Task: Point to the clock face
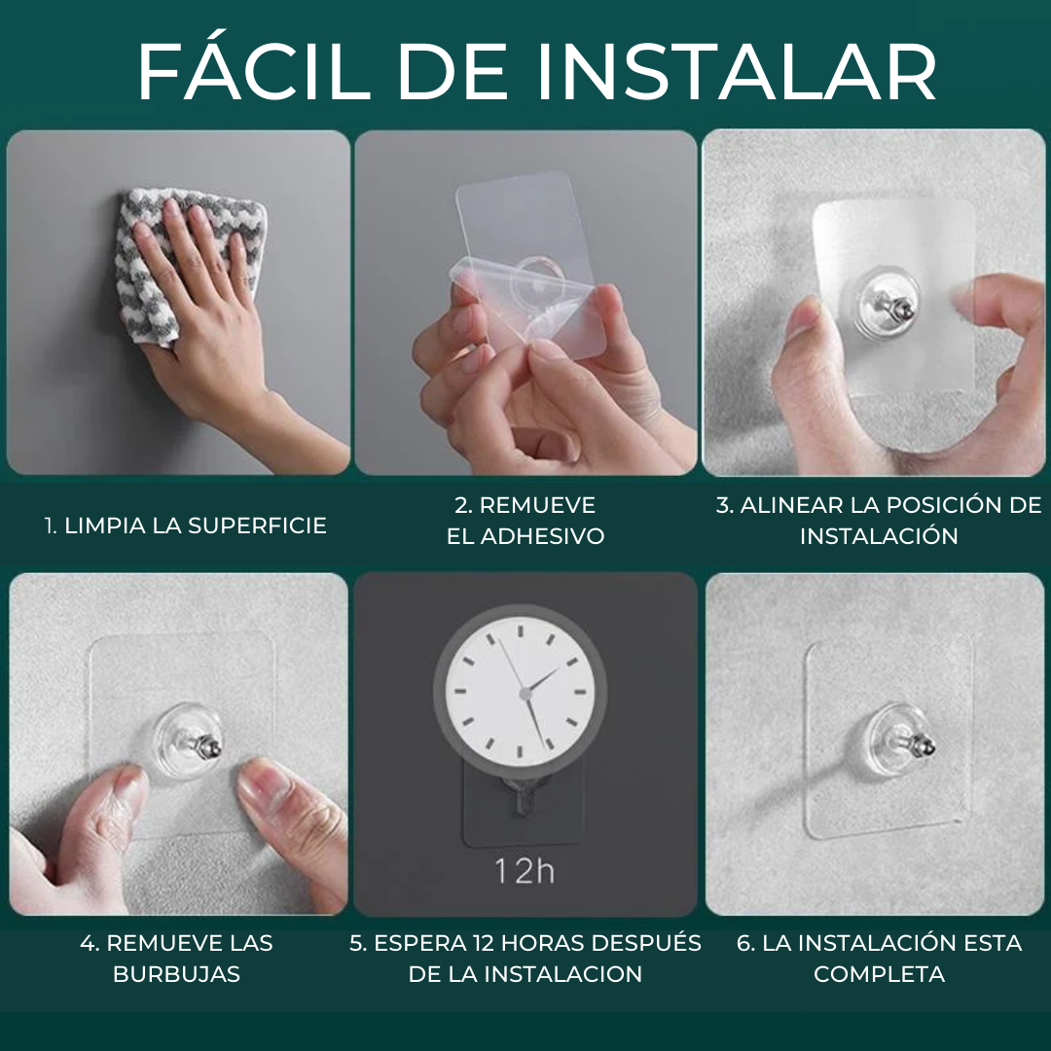(x=520, y=691)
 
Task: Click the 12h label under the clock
(x=525, y=871)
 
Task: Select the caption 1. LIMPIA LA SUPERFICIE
(x=186, y=525)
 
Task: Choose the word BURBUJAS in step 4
(x=176, y=974)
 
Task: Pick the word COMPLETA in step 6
(x=879, y=974)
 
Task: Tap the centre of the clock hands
(x=526, y=693)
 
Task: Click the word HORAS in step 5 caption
(x=544, y=943)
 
